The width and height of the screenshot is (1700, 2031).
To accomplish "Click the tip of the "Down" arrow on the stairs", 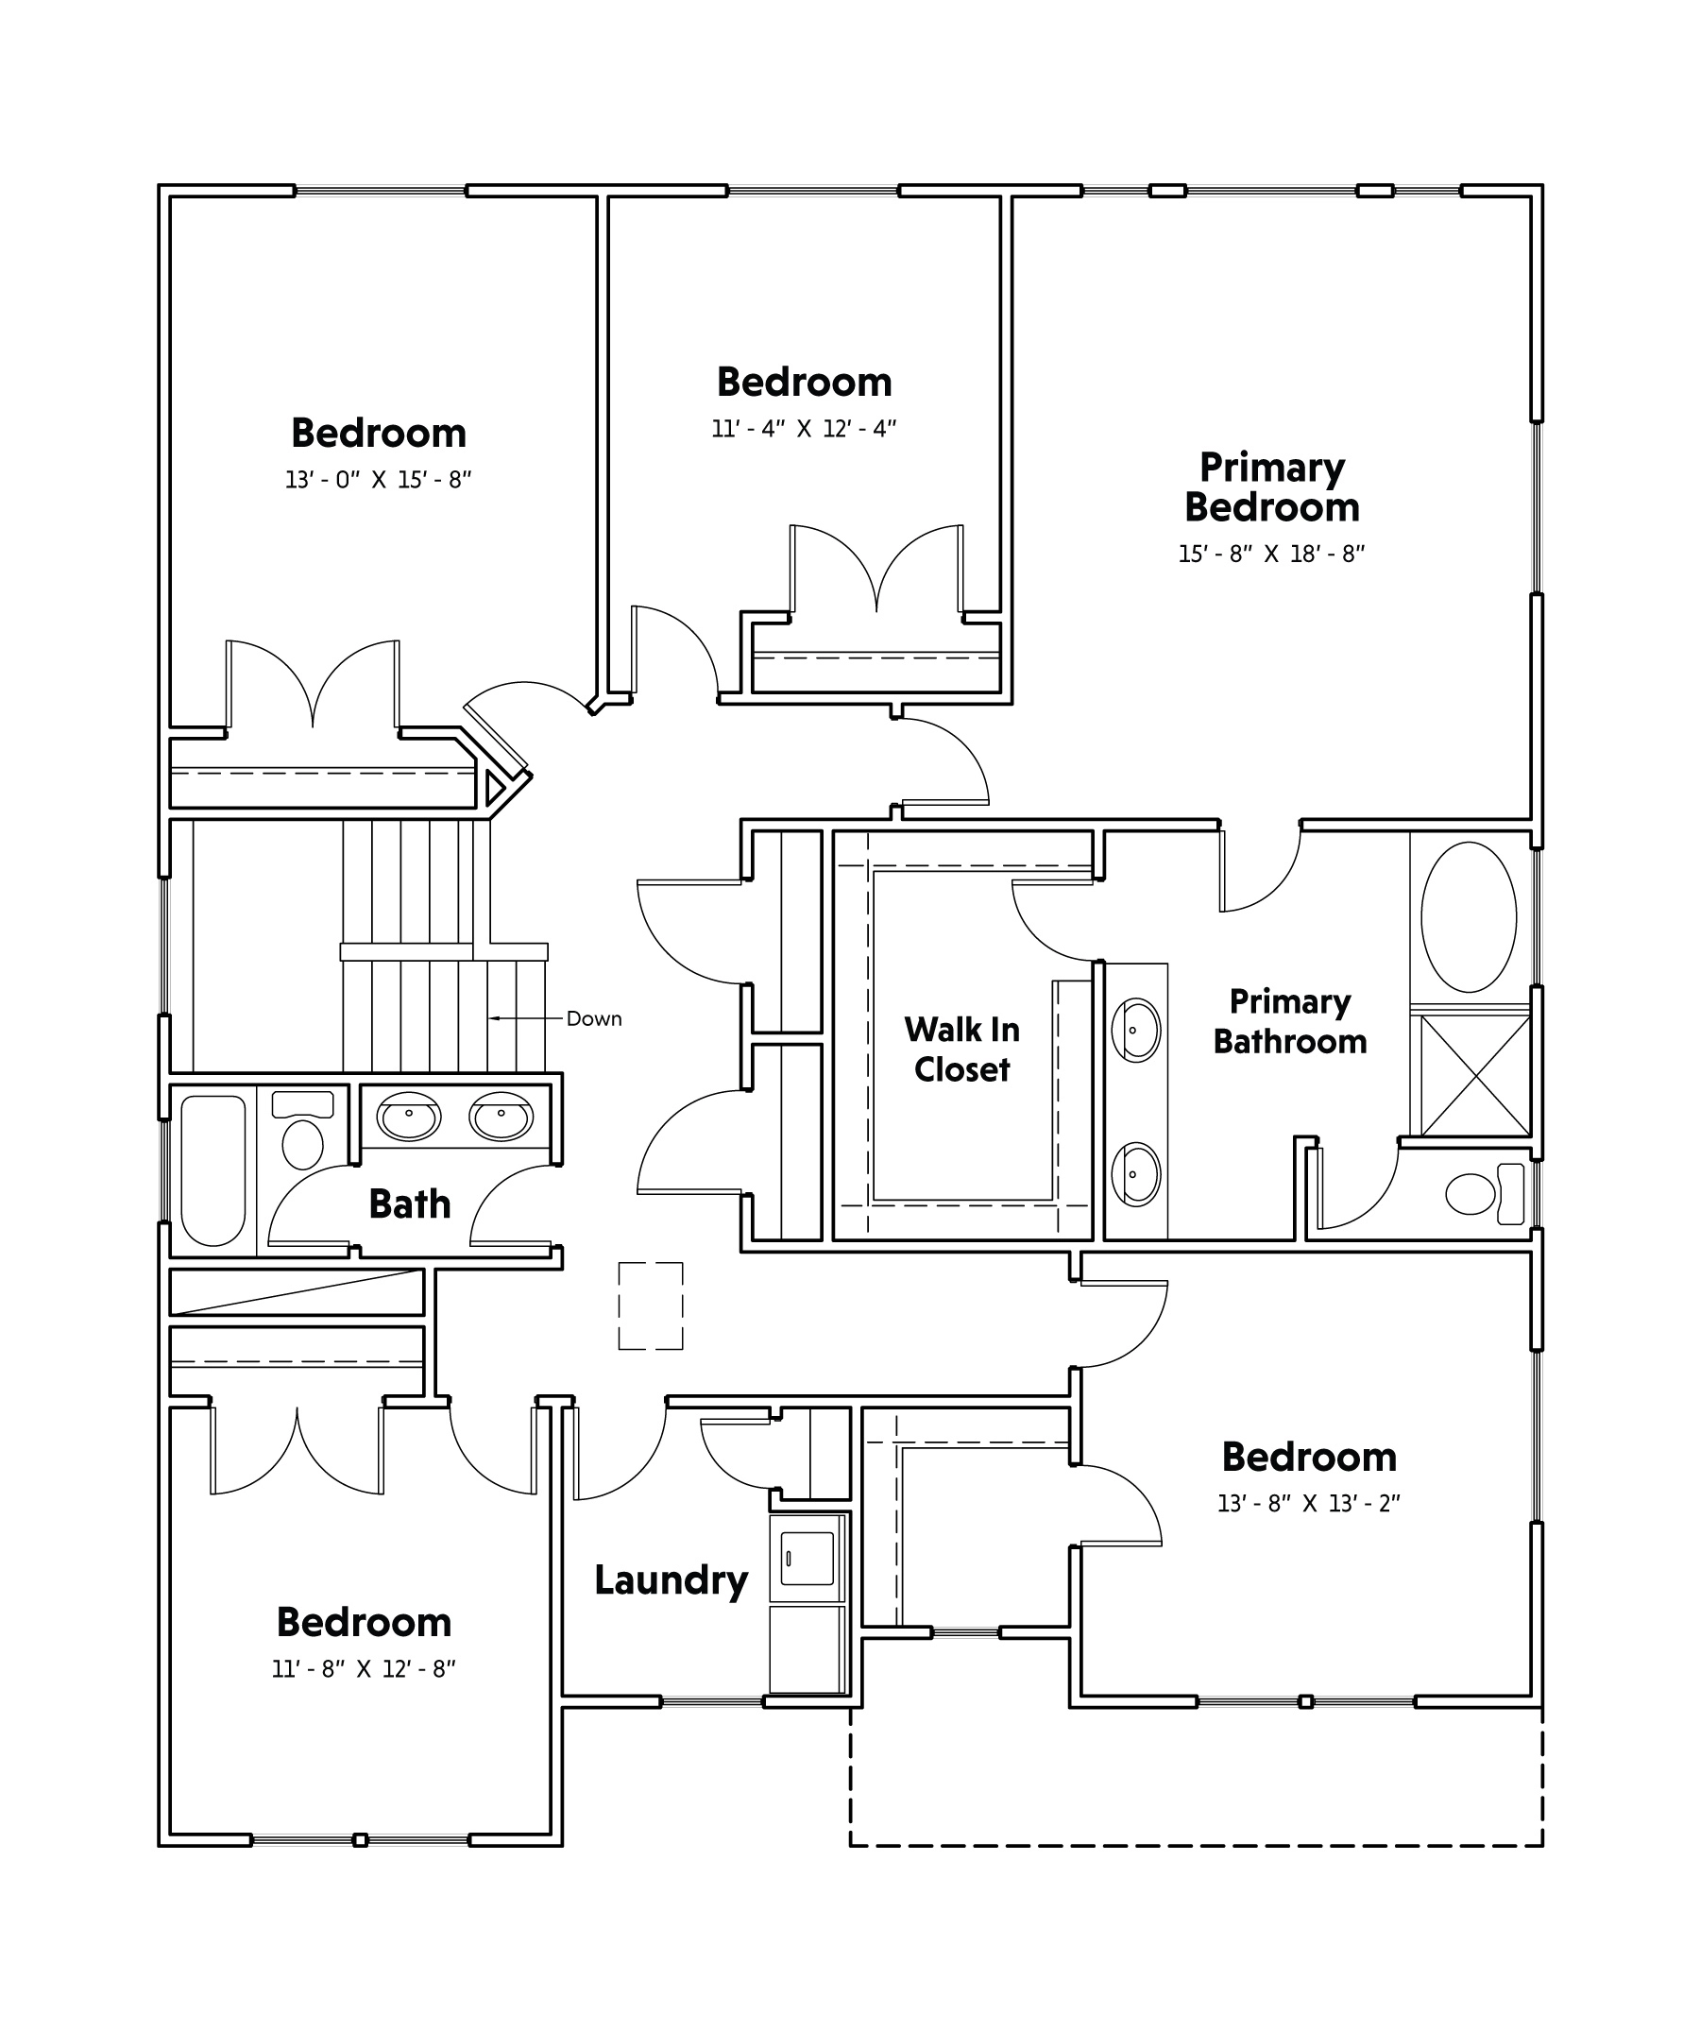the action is (x=490, y=1017).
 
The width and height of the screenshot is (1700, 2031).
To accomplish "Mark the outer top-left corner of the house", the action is (x=160, y=186).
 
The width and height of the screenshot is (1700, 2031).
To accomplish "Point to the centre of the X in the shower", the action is (x=1474, y=1074).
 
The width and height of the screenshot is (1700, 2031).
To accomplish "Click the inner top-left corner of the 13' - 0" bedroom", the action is (x=171, y=197).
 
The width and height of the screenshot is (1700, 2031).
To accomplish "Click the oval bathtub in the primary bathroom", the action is (x=1469, y=917).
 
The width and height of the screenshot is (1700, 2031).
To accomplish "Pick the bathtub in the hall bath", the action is (x=212, y=1170).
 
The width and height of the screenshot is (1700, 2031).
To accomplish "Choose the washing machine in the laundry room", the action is (x=807, y=1558).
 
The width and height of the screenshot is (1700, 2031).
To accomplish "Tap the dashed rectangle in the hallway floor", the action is (x=651, y=1306).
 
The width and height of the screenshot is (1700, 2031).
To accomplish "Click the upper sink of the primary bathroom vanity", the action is (x=1135, y=1030).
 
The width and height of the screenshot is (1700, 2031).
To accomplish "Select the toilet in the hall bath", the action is (x=302, y=1131).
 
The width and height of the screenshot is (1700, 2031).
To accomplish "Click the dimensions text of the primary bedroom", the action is (x=1270, y=555).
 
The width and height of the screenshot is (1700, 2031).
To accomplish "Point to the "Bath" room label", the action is (x=410, y=1204).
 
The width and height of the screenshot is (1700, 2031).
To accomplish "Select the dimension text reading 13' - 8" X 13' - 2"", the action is (x=1308, y=1503).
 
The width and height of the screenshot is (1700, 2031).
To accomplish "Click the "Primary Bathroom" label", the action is (x=1290, y=1022).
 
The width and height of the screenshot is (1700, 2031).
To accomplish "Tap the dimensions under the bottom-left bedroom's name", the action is (x=364, y=1669).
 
